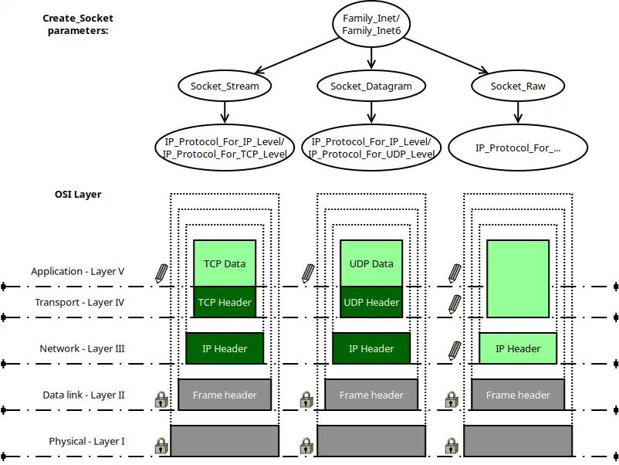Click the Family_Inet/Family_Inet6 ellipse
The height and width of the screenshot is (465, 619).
pos(371,23)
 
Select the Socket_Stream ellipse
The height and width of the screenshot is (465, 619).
pos(225,86)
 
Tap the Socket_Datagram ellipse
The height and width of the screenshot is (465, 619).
pos(371,86)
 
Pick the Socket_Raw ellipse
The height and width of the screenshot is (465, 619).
pos(518,86)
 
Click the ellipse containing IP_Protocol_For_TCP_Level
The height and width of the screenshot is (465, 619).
pos(225,148)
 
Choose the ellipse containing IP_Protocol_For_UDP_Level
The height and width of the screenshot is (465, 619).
pos(371,148)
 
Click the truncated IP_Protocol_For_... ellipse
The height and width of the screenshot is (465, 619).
pos(518,148)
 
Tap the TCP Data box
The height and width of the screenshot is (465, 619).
pos(225,263)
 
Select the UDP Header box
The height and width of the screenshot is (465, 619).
pos(371,302)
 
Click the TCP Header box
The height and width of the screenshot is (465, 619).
pos(225,302)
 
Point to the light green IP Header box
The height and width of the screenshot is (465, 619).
pos(518,348)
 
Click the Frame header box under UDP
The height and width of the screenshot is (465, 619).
pos(371,395)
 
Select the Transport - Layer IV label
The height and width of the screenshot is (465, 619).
pos(79,302)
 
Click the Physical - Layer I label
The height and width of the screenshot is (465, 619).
pos(86,441)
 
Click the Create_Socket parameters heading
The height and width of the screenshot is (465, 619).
pos(76,23)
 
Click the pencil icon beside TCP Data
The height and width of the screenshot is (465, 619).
pos(161,272)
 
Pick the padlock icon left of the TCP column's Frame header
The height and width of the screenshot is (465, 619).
pos(161,399)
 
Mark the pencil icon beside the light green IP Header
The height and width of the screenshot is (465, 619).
pos(455,349)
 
